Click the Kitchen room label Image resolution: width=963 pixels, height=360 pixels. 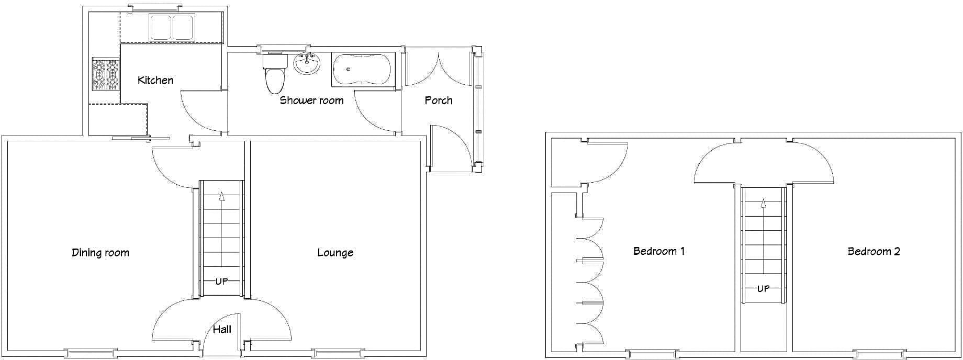155,80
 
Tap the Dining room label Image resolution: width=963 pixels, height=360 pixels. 100,253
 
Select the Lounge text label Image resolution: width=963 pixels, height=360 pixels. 335,253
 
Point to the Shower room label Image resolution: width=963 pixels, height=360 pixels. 312,100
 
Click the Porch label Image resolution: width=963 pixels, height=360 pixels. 439,100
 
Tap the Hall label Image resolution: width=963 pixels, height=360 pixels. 222,330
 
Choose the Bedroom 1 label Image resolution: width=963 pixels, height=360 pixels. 659,251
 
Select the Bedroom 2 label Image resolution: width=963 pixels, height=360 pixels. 874,251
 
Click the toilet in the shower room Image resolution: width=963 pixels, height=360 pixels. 276,73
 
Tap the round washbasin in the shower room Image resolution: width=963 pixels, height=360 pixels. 307,64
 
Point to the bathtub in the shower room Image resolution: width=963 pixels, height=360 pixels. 363,70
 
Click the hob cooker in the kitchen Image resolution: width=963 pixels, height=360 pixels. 106,74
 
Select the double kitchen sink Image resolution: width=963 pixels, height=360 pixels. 172,27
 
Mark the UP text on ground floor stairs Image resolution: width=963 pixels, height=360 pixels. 222,282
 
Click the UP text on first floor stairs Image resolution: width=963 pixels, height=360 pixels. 764,288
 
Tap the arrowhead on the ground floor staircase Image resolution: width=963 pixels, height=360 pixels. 222,196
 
